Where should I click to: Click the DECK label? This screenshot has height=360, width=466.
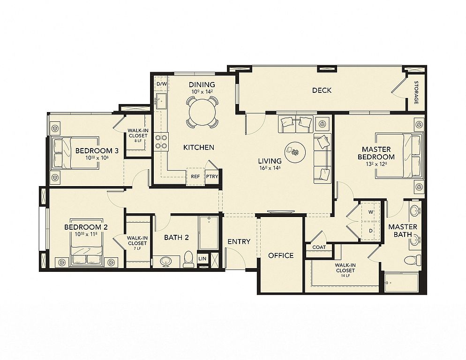322,90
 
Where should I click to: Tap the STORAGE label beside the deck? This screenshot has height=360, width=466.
416,92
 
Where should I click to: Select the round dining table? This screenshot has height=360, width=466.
203,112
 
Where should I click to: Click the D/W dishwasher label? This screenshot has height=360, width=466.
162,84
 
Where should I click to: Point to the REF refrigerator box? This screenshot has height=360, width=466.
195,177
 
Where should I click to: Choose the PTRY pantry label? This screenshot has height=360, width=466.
212,176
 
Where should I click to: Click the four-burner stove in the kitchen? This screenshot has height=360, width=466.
161,142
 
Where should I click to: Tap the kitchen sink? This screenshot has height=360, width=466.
161,101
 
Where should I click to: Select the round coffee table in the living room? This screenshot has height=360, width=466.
295,152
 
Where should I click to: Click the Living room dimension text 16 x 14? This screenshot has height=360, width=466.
270,168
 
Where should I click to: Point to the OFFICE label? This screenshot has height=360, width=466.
281,255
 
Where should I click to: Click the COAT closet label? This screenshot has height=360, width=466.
319,247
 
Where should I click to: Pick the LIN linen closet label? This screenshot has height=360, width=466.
202,259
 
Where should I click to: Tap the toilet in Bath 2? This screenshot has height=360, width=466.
188,259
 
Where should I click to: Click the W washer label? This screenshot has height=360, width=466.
371,212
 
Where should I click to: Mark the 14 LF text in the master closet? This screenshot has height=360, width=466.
346,276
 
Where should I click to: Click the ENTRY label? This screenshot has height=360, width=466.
239,242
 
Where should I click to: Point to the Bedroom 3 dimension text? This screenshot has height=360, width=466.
97,158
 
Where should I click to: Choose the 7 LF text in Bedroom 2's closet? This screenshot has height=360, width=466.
137,248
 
